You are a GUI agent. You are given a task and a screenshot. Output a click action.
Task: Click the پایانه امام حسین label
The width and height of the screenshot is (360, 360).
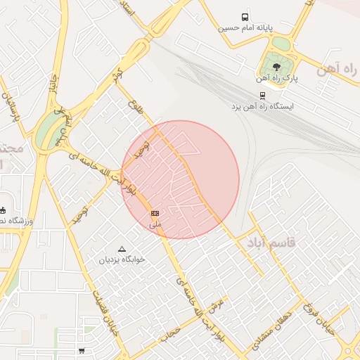point(243,29)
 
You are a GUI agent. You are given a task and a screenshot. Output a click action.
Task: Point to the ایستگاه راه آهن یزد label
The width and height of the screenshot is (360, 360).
point(263,107)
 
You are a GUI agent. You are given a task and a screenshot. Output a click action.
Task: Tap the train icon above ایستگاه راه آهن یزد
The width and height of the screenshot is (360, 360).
point(262,96)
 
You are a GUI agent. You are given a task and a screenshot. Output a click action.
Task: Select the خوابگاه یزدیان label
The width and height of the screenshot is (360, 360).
point(121,259)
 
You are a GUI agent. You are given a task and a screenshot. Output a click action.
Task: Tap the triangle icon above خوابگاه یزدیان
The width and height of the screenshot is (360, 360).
point(122,248)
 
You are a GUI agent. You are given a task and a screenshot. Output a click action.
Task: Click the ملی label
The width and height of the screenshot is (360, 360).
point(155,224)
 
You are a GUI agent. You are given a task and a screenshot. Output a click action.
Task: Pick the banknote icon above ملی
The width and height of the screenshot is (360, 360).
point(155,213)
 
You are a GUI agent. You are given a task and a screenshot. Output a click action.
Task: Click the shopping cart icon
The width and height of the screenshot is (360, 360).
point(82,351)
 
